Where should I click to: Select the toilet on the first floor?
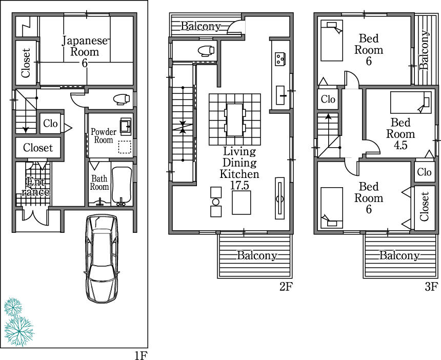click(121, 98)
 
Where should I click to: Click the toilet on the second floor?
click(206, 50)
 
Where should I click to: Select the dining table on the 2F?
click(235, 119)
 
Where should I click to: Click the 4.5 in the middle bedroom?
click(400, 145)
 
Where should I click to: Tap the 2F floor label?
click(286, 287)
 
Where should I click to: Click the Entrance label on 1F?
click(35, 187)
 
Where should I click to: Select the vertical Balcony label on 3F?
click(425, 49)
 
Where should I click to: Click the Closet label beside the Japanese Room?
click(26, 63)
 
